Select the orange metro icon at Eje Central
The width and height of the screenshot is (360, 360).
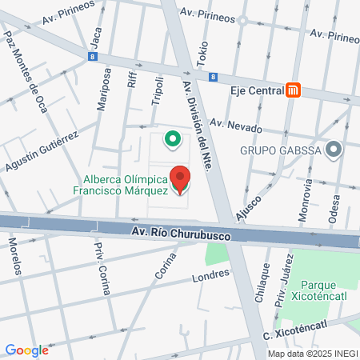pyautogui.click(x=294, y=90)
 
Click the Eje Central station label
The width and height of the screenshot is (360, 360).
pyautogui.click(x=256, y=90)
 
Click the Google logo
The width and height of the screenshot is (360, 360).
pyautogui.click(x=27, y=350)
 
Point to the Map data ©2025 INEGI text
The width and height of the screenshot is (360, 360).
pyautogui.click(x=312, y=354)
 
